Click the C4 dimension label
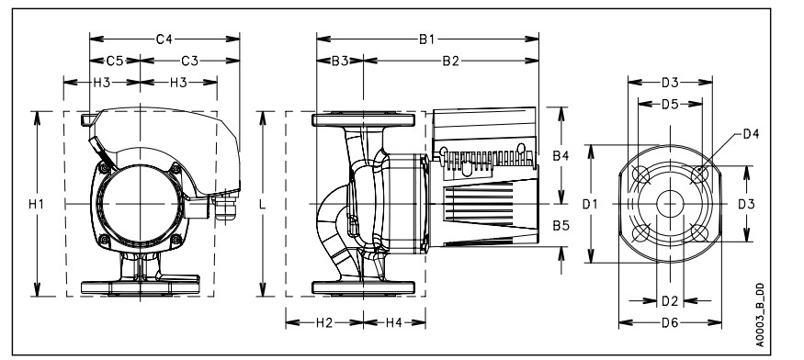click(x=164, y=39)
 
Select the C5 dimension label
click(x=115, y=61)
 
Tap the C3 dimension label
click(x=189, y=61)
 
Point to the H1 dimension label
click(x=37, y=204)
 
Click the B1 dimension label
click(x=427, y=39)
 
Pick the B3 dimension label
click(x=340, y=61)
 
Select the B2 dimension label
click(x=451, y=61)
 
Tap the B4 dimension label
click(x=561, y=156)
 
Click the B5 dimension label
click(x=561, y=225)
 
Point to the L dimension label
click(x=263, y=204)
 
